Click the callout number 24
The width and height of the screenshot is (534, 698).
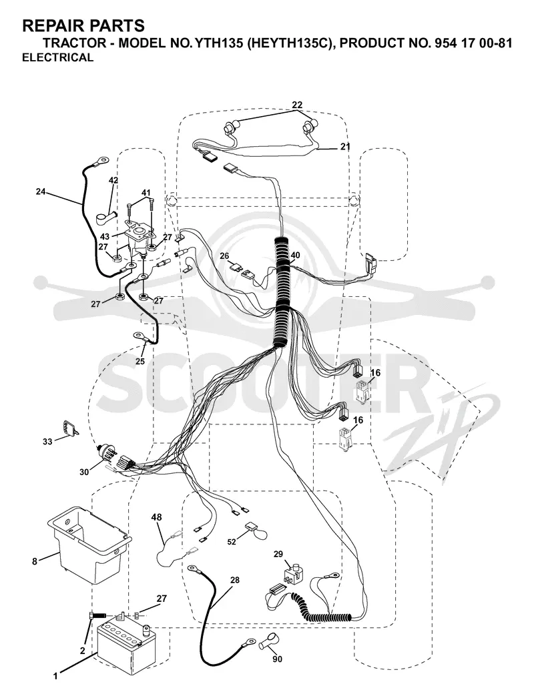(41, 192)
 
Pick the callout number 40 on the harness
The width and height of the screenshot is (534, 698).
(295, 255)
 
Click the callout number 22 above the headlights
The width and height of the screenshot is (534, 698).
(297, 105)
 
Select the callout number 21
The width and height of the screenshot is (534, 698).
(345, 146)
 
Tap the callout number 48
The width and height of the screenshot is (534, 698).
(156, 517)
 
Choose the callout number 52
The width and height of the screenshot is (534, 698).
(232, 542)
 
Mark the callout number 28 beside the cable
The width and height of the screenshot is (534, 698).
(235, 580)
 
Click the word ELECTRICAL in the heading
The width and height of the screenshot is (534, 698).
(58, 57)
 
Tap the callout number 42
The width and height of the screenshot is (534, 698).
(113, 180)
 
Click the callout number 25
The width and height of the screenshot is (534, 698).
(140, 362)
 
